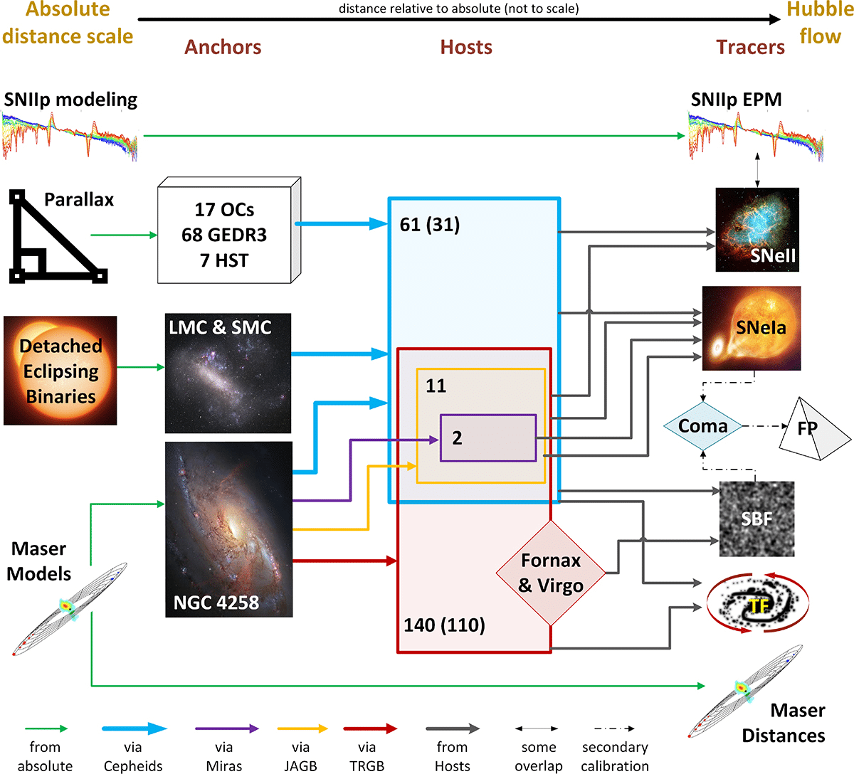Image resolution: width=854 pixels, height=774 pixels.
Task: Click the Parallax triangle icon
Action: coord(57,238)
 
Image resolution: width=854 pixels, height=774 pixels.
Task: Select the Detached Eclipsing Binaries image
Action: coord(60,371)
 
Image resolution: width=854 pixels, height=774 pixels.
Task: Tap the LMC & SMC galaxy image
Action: coord(228,373)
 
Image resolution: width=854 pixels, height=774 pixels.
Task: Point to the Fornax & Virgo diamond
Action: coord(550,573)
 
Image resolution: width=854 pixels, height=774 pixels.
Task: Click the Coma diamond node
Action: coord(703,426)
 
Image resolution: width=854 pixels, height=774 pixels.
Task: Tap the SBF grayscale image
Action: coord(757,519)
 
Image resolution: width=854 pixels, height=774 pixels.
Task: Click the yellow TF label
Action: coord(759,605)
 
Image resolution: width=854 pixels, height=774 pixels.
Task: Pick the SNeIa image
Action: coord(752,328)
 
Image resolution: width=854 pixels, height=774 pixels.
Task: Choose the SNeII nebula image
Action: coord(757,230)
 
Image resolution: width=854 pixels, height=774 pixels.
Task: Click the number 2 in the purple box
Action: coord(457,438)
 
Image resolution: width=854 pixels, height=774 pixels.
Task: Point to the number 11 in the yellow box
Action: coord(436,386)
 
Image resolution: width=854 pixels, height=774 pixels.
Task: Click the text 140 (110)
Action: coord(445,625)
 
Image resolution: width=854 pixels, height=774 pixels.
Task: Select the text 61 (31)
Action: coord(430,225)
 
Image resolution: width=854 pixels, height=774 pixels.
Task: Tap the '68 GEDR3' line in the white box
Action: coord(224,235)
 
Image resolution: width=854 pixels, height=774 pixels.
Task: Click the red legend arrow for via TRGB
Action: coord(370,728)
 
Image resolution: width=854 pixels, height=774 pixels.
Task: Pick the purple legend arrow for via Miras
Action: coord(227,728)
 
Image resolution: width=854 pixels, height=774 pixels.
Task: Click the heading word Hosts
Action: coord(466,47)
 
